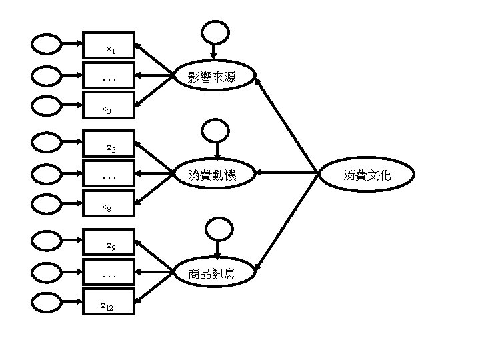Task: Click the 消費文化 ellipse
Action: [367, 175]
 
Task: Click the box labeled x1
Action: [109, 46]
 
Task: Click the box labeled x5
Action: [109, 143]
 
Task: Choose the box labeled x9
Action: [109, 243]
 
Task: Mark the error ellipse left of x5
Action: [47, 143]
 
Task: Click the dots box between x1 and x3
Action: [109, 77]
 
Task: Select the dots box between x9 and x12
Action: [109, 273]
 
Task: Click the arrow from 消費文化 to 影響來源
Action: [287, 127]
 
